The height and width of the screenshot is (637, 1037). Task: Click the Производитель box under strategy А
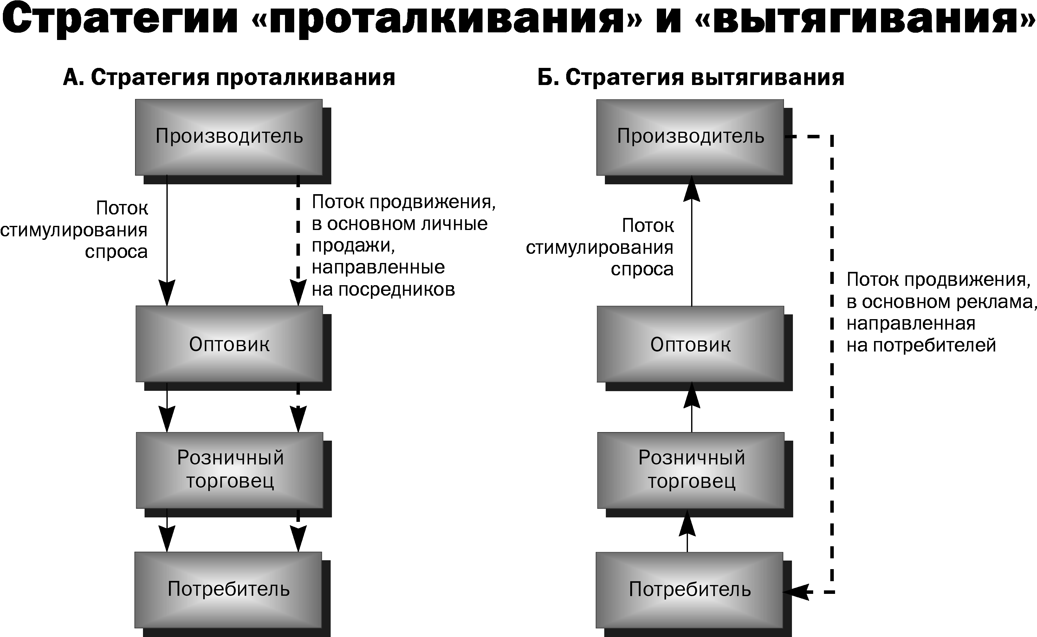[x=229, y=137]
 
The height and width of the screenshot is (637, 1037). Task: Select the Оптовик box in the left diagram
[x=229, y=344]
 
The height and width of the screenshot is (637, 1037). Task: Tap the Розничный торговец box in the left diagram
[x=230, y=470]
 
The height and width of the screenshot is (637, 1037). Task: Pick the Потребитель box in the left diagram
[x=228, y=589]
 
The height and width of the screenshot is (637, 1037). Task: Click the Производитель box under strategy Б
[x=690, y=137]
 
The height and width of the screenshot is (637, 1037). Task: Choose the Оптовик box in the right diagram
[x=690, y=344]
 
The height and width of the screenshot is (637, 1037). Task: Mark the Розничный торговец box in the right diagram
[x=691, y=470]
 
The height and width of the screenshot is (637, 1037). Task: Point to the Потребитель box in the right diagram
[x=690, y=589]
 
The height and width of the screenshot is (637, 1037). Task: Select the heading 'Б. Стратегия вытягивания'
[x=691, y=77]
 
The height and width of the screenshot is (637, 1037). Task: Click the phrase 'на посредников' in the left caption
[x=383, y=289]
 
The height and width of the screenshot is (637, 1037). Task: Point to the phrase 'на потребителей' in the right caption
[x=921, y=345]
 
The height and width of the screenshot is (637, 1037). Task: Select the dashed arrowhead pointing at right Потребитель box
[x=797, y=592]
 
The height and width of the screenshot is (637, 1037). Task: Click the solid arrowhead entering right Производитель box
[x=692, y=190]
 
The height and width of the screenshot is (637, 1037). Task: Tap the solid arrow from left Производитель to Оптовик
[x=167, y=236]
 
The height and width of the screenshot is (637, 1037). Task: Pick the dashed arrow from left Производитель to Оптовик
[x=298, y=236]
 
